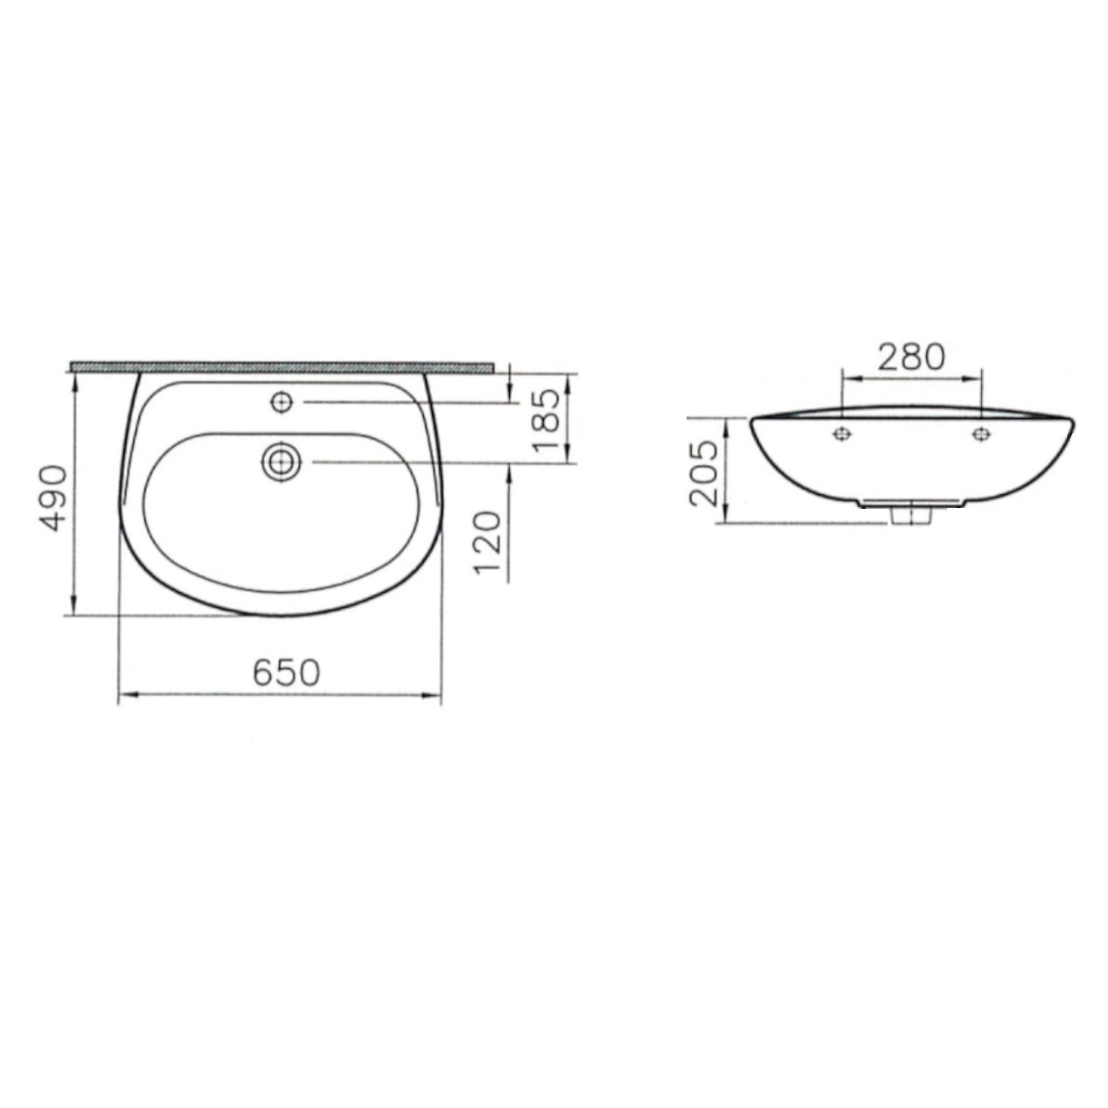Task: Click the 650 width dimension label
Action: [x=287, y=672]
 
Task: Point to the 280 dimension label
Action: [x=912, y=358]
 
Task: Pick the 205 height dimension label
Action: [x=705, y=473]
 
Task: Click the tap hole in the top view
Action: [x=282, y=401]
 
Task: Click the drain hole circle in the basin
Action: [x=282, y=460]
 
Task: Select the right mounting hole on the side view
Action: [x=981, y=433]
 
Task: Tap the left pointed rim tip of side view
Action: [x=751, y=422]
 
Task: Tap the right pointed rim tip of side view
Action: [x=1073, y=422]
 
